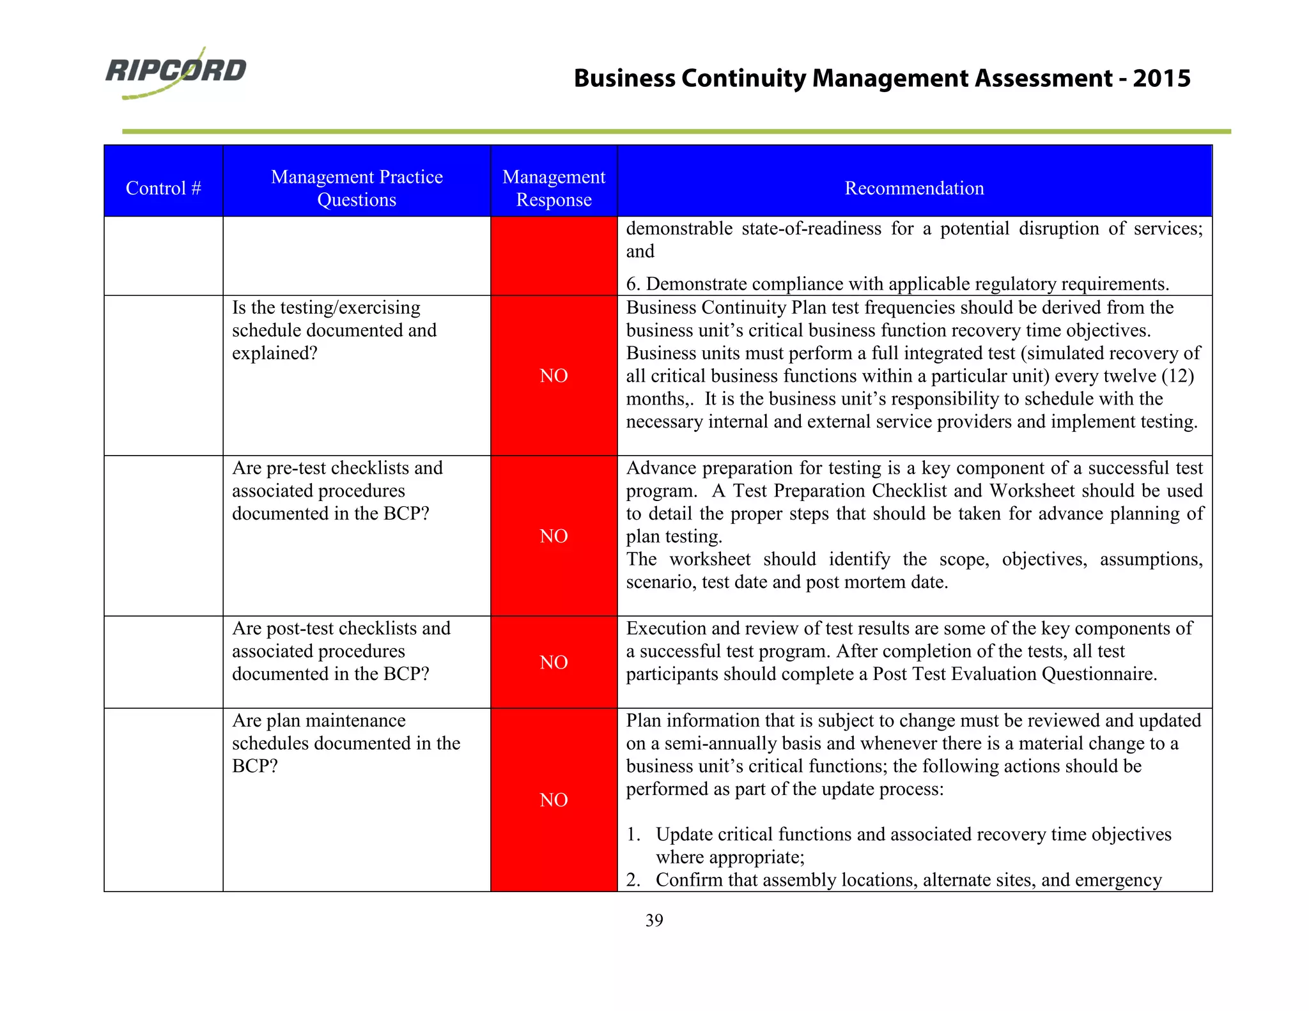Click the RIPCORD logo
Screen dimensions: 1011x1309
click(x=176, y=72)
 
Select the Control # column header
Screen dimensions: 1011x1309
click(x=164, y=188)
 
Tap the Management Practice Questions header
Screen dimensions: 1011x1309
click(x=357, y=188)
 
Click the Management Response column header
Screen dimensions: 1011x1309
click(x=554, y=188)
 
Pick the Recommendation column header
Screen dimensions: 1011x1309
click(x=914, y=188)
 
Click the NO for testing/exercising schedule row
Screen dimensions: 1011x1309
click(x=554, y=376)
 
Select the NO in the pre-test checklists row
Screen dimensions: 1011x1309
click(x=554, y=536)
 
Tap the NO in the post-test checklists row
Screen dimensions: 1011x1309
click(x=554, y=662)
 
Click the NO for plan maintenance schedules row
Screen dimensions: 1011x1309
click(x=554, y=800)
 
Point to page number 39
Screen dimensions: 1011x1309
click(x=654, y=920)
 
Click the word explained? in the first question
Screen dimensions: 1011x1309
click(x=275, y=353)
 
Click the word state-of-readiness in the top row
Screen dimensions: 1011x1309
click(x=811, y=229)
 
